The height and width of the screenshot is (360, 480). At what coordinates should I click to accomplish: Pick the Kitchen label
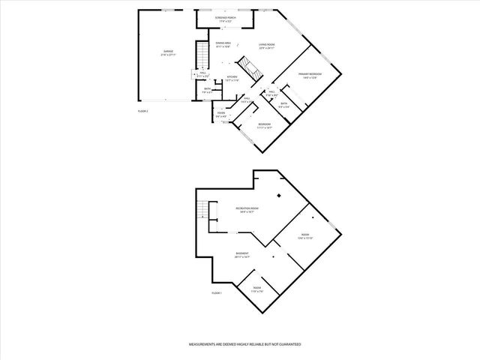233,78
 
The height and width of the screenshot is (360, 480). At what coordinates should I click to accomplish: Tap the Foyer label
221,114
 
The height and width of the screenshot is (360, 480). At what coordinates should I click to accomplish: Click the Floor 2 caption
143,111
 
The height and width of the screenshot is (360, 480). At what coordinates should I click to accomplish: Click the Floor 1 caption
217,292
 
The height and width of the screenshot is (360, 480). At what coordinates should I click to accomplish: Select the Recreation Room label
247,209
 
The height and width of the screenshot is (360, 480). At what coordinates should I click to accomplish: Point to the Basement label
242,254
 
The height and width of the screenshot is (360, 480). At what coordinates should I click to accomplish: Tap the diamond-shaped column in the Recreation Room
279,196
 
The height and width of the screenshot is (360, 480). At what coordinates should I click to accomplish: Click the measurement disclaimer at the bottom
244,343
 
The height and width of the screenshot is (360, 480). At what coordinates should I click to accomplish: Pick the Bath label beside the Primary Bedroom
284,104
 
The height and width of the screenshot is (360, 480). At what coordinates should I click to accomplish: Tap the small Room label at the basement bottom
256,289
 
